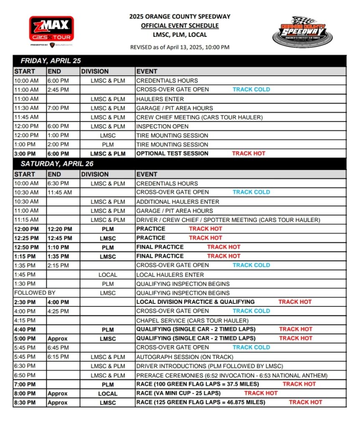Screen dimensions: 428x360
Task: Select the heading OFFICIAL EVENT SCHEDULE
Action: point(180,26)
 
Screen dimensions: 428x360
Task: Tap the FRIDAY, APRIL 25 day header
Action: point(51,61)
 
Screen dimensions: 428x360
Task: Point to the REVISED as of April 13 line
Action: point(180,47)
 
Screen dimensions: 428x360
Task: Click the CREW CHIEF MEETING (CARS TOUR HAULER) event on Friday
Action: point(199,117)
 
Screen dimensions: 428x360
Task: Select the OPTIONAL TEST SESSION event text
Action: point(172,153)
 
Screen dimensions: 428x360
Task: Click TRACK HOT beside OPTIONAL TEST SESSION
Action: point(248,153)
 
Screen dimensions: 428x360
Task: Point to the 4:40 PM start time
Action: point(25,329)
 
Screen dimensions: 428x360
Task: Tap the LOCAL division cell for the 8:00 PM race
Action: point(108,394)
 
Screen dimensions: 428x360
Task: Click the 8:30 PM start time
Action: point(25,403)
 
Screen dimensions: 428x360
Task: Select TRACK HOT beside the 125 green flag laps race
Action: point(305,403)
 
